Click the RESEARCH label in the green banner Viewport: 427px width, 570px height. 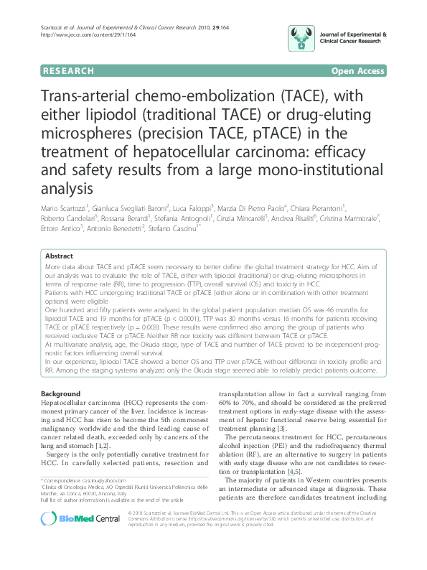point(68,71)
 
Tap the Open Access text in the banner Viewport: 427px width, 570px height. point(358,71)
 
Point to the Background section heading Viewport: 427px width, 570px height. point(60,394)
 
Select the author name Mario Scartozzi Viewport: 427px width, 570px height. point(64,208)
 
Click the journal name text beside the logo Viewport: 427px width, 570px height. point(353,37)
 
